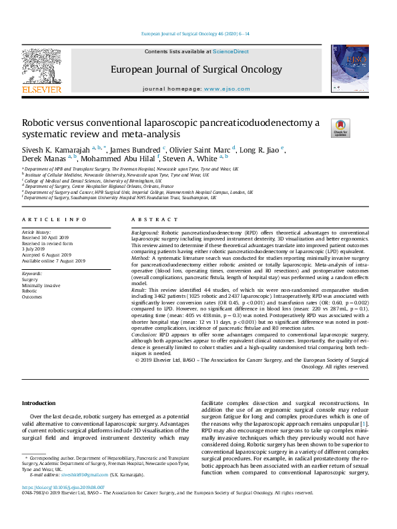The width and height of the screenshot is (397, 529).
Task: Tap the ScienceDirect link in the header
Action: (231, 51)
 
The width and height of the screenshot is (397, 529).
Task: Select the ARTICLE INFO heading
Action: (54, 219)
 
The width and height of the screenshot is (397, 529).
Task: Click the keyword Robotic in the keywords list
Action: (29, 291)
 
